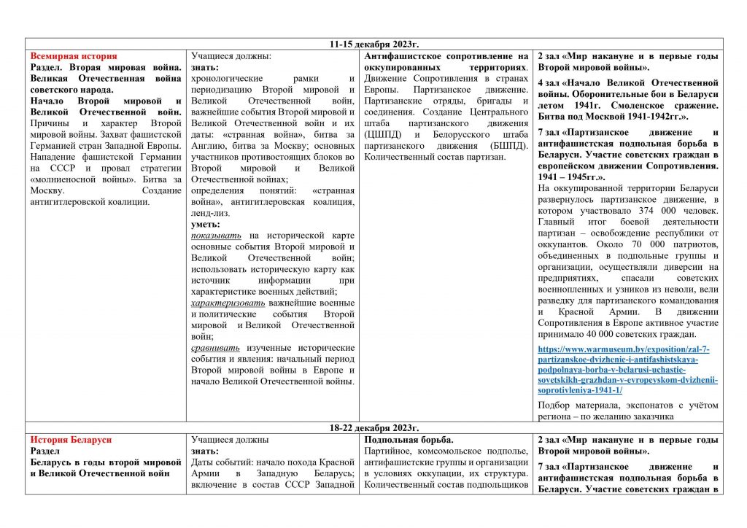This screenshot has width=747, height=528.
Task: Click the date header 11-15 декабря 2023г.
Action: point(373,44)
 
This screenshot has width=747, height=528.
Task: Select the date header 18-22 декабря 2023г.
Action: point(373,428)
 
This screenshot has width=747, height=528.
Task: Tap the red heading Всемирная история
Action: point(73,56)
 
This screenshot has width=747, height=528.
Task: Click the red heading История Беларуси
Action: point(71,440)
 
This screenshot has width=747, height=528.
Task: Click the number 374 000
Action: point(641,211)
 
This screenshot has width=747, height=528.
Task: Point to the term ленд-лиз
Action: point(210,213)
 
